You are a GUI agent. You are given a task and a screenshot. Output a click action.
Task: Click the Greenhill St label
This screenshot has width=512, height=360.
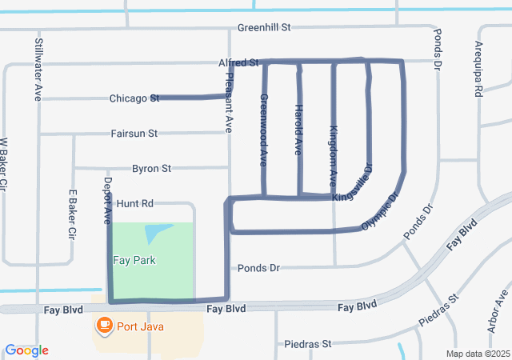point(263,27)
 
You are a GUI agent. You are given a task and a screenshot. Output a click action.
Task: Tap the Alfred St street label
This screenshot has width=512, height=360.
point(239,62)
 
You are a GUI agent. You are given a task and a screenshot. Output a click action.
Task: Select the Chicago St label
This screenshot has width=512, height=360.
point(134,98)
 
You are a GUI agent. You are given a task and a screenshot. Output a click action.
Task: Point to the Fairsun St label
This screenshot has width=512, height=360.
point(134,133)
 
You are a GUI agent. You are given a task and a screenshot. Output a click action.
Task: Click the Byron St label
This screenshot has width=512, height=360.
point(151,169)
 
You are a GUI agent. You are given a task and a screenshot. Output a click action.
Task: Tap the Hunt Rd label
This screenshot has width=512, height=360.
point(134,204)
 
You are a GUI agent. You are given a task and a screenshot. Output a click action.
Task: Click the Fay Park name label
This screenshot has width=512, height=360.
point(134,260)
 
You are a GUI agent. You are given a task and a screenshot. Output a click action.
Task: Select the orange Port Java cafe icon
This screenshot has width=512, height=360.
point(103,325)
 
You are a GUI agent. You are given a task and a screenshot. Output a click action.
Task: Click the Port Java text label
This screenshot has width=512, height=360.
point(139,326)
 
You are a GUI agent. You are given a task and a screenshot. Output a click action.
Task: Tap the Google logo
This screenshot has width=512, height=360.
point(27,350)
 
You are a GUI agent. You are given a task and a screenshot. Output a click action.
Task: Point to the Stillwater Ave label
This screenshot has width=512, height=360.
point(38,69)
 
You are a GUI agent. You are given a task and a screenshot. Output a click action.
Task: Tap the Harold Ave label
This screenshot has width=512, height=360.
point(298,129)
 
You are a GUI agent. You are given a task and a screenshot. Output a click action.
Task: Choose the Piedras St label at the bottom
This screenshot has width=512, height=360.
point(308,344)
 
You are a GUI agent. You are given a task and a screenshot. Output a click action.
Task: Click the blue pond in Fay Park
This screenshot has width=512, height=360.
point(157,233)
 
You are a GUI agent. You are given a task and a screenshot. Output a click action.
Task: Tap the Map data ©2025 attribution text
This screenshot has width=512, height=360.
point(477,354)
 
